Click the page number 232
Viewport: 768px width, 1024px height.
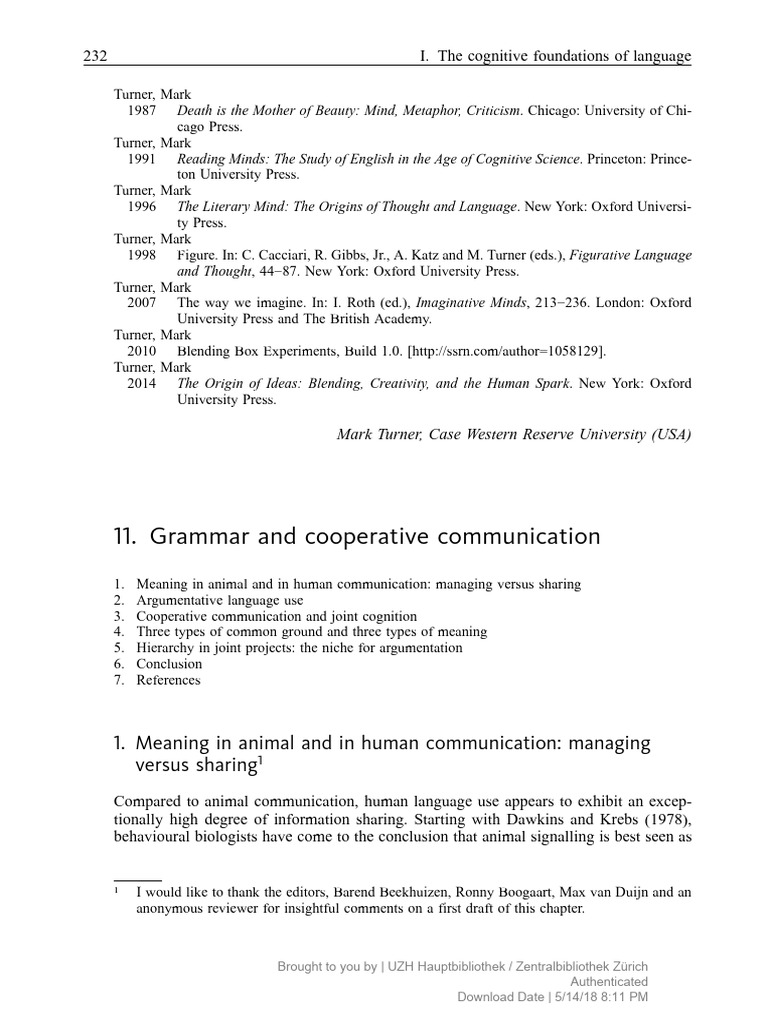tap(94, 57)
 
